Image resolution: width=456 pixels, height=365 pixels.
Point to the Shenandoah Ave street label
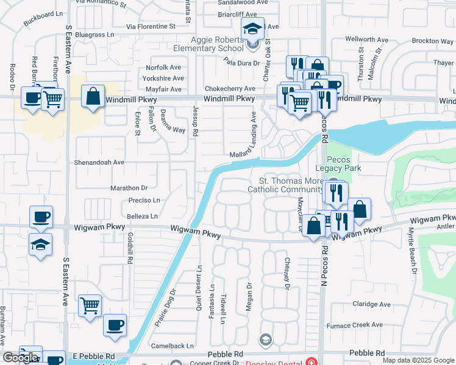tap(99, 162)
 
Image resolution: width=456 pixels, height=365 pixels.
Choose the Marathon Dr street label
tap(130, 188)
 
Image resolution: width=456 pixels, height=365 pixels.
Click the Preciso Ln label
tap(144, 200)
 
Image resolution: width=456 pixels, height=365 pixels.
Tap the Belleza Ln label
tap(141, 216)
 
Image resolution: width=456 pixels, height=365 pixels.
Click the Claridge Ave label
tap(371, 304)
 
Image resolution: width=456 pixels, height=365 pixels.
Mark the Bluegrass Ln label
tap(94, 35)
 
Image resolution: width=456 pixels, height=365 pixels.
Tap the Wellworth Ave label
tap(366, 40)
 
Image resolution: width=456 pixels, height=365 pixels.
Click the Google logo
tap(20, 358)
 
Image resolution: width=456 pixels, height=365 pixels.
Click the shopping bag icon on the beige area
tap(93, 97)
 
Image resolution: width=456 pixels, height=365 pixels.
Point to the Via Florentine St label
tap(151, 27)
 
